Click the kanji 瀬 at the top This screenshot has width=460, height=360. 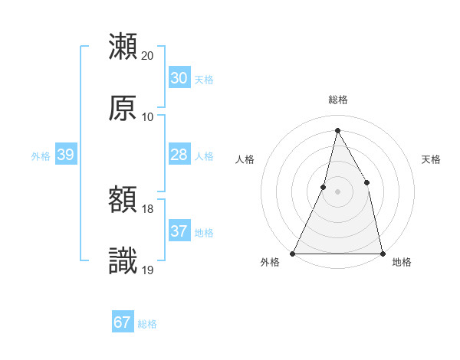123,47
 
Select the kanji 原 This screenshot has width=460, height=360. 123,109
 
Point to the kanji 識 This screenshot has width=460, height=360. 123,261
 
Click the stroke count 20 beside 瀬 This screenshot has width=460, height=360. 147,56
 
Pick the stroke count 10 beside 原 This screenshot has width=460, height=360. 147,117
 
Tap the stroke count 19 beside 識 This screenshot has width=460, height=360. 147,270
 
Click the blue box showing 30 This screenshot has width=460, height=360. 179,78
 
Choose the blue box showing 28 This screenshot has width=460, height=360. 179,155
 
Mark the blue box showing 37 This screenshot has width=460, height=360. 179,231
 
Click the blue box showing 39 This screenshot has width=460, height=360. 65,155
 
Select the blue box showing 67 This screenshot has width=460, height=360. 122,322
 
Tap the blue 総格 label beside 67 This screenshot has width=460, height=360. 147,324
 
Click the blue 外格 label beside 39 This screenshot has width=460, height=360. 41,156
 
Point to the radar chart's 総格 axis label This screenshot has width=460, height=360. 338,100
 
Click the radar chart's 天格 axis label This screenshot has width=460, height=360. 432,159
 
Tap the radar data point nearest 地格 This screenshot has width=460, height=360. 382,253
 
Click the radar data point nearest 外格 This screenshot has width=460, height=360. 294,253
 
